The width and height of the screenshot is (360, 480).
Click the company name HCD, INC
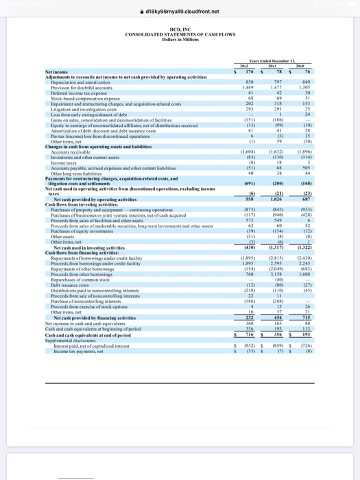point(180,29)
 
